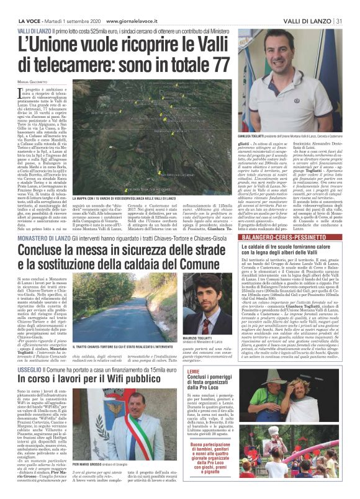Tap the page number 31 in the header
point(340,22)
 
